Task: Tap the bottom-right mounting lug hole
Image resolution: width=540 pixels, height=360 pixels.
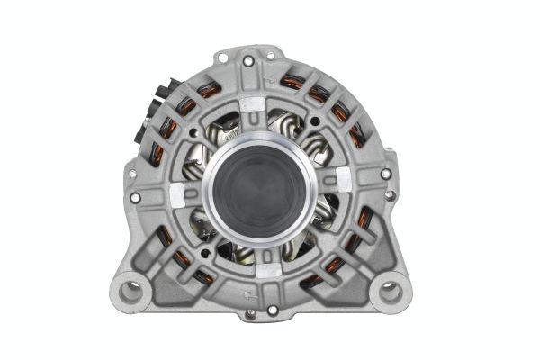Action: (x=389, y=290)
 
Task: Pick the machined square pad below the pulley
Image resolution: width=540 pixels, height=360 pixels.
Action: (x=267, y=269)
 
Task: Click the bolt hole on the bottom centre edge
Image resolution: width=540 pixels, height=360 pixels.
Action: (x=272, y=310)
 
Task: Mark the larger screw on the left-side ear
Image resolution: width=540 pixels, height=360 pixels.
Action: (x=135, y=197)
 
